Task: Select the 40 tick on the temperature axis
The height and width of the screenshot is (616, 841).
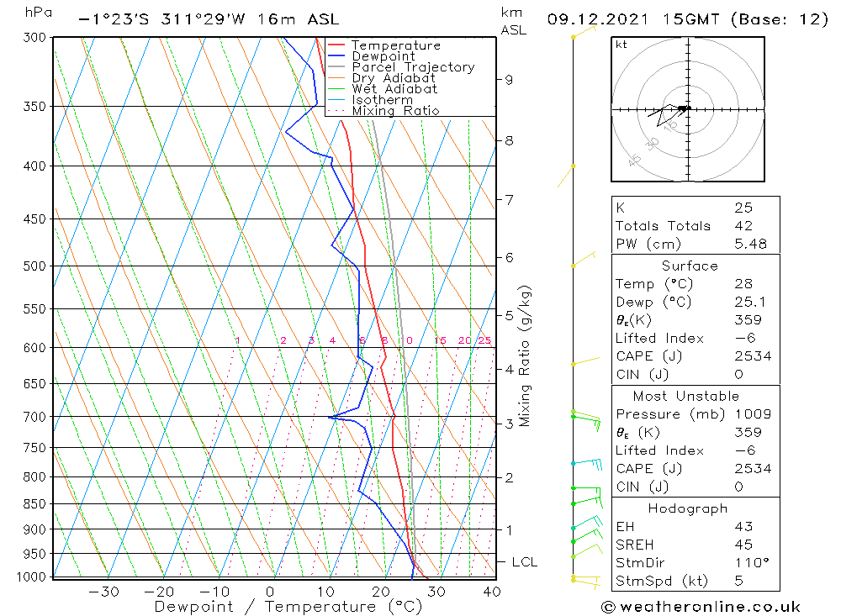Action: (492, 592)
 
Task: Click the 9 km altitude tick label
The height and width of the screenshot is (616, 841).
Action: (509, 80)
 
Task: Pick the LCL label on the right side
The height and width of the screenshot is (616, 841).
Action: (524, 562)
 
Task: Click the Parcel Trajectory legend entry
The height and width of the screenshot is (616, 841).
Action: (412, 67)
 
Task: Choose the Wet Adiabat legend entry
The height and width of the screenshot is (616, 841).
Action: (394, 89)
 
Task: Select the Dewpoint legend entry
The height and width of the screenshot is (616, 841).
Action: (383, 56)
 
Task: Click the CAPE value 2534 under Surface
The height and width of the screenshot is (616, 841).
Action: (752, 356)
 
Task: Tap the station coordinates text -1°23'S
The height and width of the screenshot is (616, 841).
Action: (108, 19)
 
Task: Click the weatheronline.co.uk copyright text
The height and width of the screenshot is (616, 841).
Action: (701, 607)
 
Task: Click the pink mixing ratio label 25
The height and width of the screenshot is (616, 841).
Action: (484, 340)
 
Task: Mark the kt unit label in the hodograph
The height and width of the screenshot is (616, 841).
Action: (621, 45)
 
